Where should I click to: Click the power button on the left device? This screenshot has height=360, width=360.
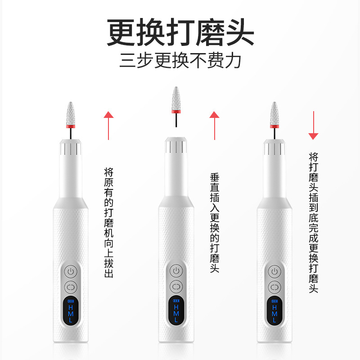tap(71, 272)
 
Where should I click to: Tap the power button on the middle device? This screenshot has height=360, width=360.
tap(176, 271)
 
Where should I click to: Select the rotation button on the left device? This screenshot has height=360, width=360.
tap(71, 287)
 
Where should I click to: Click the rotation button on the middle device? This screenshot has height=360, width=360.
tap(176, 287)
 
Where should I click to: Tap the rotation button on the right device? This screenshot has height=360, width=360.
tap(274, 287)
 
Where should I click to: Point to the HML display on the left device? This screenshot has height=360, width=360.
tap(71, 310)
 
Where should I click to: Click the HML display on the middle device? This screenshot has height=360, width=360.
tap(176, 310)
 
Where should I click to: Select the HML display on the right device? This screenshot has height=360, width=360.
tap(274, 310)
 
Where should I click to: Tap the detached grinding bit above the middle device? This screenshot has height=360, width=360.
tap(176, 107)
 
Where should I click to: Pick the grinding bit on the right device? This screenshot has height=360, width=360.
tap(274, 121)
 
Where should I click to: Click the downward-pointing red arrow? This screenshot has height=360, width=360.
tap(313, 126)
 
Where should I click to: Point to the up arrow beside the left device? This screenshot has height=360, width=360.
tap(108, 126)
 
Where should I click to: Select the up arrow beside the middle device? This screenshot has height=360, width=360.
tap(215, 126)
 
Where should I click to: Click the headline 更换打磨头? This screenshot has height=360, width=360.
tap(180, 32)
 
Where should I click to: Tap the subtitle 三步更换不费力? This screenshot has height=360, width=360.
tap(180, 60)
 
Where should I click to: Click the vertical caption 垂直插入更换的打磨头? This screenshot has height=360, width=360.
tap(215, 223)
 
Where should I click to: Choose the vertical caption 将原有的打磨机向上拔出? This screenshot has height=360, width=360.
tap(108, 223)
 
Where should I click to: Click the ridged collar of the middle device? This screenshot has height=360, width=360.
tap(176, 145)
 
